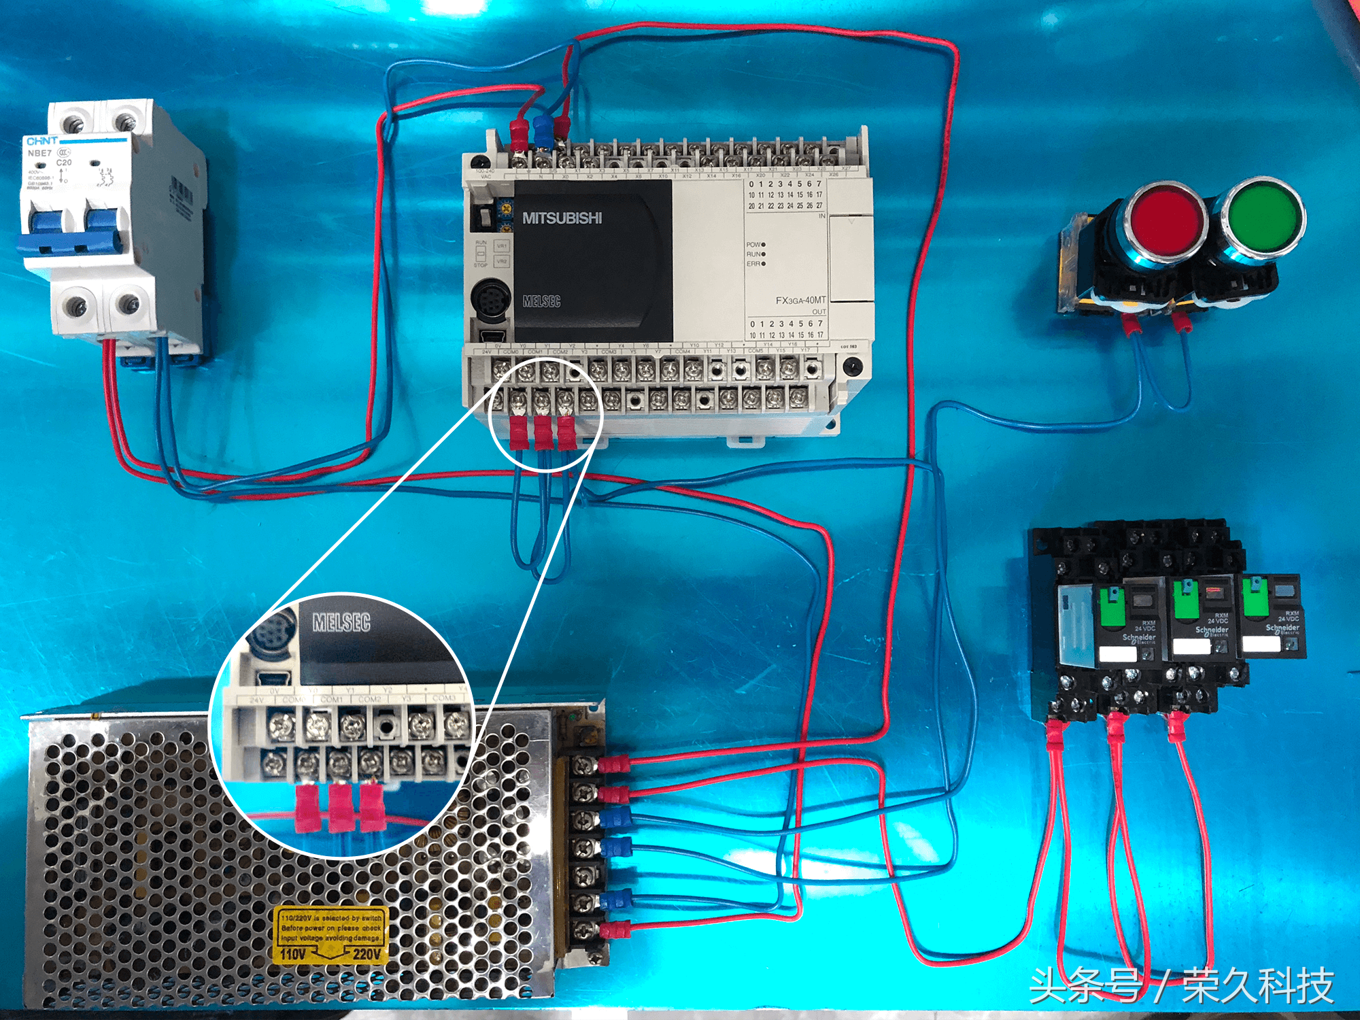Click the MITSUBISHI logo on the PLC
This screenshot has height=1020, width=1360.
[562, 218]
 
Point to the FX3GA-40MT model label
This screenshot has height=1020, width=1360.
[800, 300]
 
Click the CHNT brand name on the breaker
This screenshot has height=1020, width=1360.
[41, 141]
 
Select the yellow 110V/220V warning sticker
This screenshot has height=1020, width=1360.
[330, 935]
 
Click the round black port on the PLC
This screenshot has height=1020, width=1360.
[490, 298]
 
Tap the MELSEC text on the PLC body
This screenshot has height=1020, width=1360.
[541, 301]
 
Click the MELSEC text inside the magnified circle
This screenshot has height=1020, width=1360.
[341, 622]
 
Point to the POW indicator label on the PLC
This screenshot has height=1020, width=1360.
[753, 244]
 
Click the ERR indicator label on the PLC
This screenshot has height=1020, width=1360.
[753, 264]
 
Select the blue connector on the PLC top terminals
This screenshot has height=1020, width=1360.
[542, 131]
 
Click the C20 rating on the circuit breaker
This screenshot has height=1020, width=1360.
[64, 163]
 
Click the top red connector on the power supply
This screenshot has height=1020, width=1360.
[612, 764]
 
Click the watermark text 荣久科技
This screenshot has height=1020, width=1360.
[1258, 985]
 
